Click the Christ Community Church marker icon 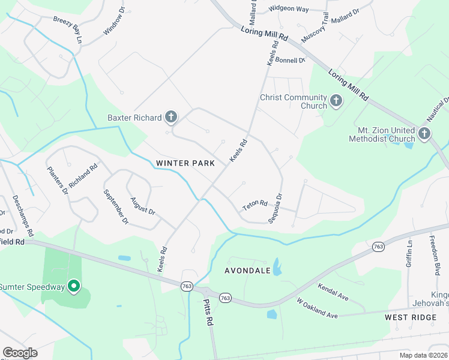(x=336, y=101)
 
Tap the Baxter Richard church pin (x=172, y=116)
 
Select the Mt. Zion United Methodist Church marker (x=424, y=133)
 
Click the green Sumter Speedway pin (x=74, y=286)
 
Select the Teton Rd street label (x=255, y=205)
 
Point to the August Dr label (x=143, y=206)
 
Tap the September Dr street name (x=116, y=207)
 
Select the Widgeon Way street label (x=288, y=9)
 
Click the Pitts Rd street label (x=208, y=313)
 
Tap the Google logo (x=20, y=353)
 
